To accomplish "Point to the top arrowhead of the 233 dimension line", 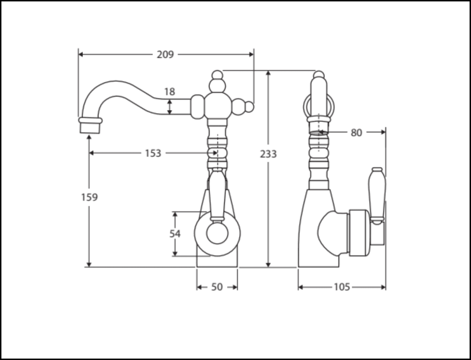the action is [268, 72].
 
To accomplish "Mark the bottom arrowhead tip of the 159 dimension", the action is [89, 266].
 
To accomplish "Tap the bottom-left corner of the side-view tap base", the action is [298, 267].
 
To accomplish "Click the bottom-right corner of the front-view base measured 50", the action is [237, 267].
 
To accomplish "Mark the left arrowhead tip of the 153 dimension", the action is [90, 153].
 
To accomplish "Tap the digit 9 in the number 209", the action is [171, 55].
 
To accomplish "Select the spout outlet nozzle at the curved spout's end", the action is [90, 125].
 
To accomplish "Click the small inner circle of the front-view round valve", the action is [218, 233].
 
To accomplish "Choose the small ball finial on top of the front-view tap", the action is [217, 74].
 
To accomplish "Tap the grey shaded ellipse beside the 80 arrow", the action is [318, 132].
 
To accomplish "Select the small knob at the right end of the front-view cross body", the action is [250, 107].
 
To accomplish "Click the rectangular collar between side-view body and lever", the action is [358, 233].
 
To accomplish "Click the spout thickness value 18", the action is [170, 92].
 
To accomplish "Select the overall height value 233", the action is [268, 154].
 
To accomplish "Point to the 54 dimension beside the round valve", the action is [175, 234].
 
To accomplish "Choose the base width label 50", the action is [217, 288].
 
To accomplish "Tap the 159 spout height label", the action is [89, 197].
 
